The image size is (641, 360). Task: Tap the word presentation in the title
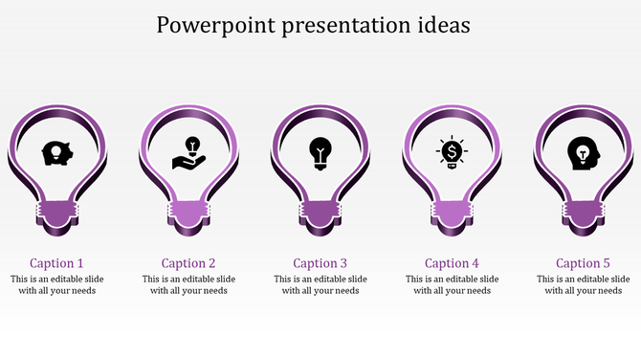(x=344, y=26)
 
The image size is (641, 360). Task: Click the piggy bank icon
(x=56, y=153)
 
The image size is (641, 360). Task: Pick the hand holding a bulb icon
(x=188, y=153)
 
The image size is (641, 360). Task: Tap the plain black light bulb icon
(x=320, y=152)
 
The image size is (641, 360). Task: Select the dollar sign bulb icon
(x=452, y=153)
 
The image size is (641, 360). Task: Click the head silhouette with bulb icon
(x=582, y=153)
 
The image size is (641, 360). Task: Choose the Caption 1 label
(x=56, y=262)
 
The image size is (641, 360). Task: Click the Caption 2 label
(x=188, y=262)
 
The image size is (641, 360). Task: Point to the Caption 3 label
(x=320, y=262)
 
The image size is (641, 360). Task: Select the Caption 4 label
(x=452, y=262)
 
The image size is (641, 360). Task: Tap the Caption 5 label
(x=584, y=262)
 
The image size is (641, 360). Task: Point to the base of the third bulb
(x=320, y=214)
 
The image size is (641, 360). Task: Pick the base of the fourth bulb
(x=452, y=214)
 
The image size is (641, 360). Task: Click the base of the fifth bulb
(x=584, y=214)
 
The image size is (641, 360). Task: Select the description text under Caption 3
(x=320, y=284)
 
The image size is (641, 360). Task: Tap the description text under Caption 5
(x=584, y=284)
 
